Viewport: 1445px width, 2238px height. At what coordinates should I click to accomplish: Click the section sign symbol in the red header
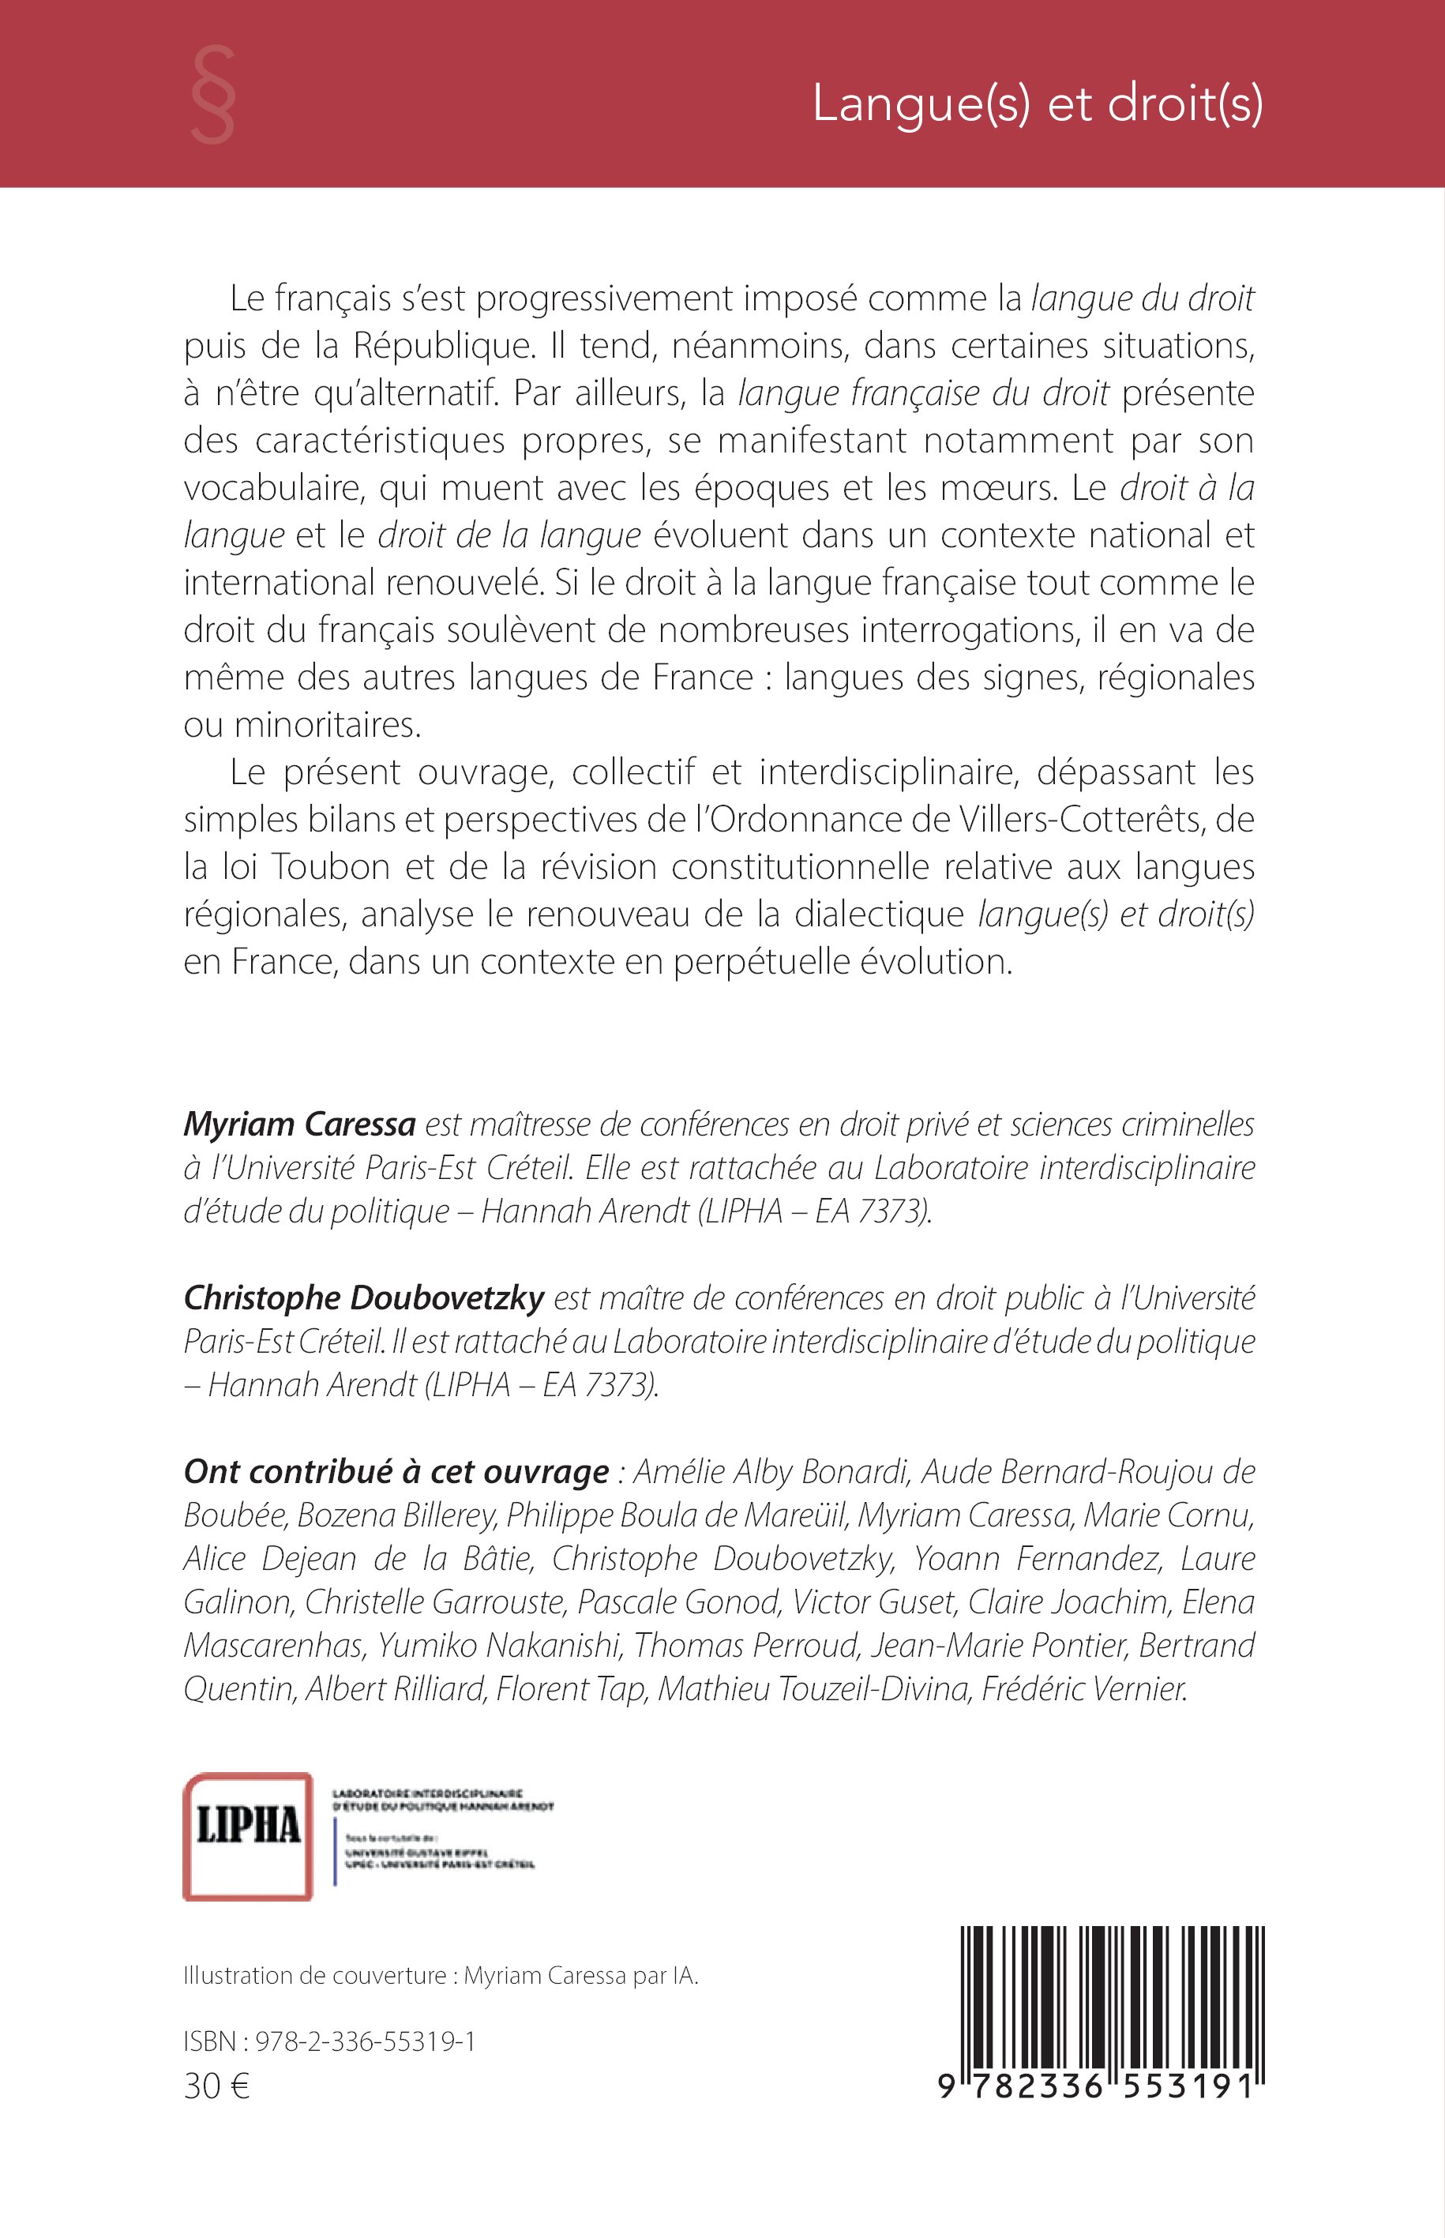point(212,95)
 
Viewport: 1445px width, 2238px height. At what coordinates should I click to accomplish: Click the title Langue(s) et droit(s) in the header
point(1037,103)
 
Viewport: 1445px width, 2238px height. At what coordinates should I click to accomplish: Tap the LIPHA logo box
point(248,1835)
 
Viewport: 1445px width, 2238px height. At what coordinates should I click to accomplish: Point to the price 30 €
point(216,2086)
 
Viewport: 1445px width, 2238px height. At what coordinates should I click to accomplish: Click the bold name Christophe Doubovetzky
point(364,1297)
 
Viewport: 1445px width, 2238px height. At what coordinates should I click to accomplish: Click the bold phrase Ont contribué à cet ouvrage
point(396,1471)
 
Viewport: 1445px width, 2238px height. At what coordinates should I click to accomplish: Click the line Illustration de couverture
point(441,1975)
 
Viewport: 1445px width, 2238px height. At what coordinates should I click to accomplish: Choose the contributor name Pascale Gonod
point(679,1602)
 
